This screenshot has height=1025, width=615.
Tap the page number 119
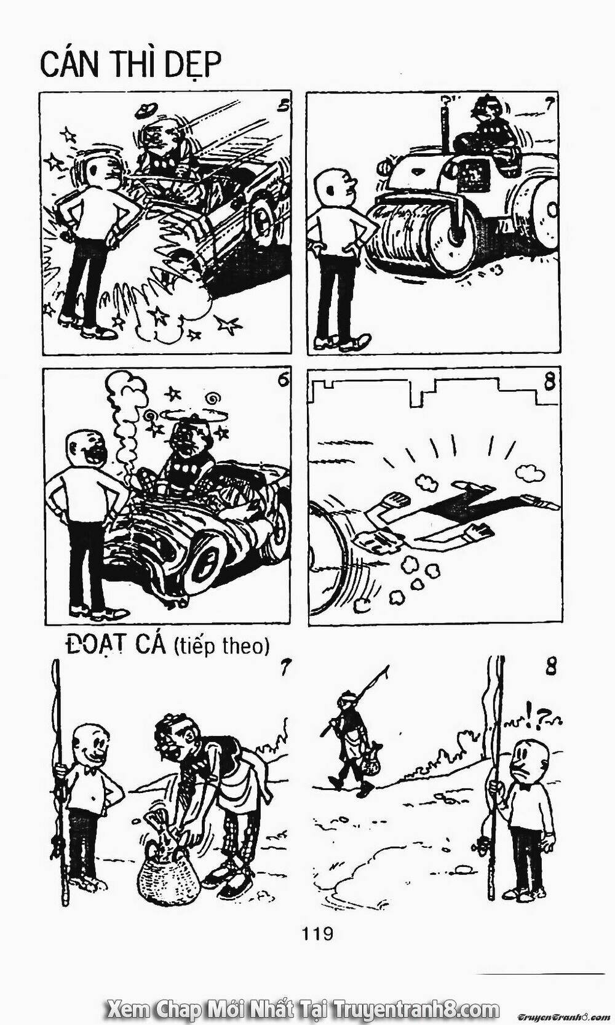[317, 933]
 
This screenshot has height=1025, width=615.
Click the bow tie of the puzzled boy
[523, 785]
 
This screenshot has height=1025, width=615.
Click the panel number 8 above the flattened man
[549, 381]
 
